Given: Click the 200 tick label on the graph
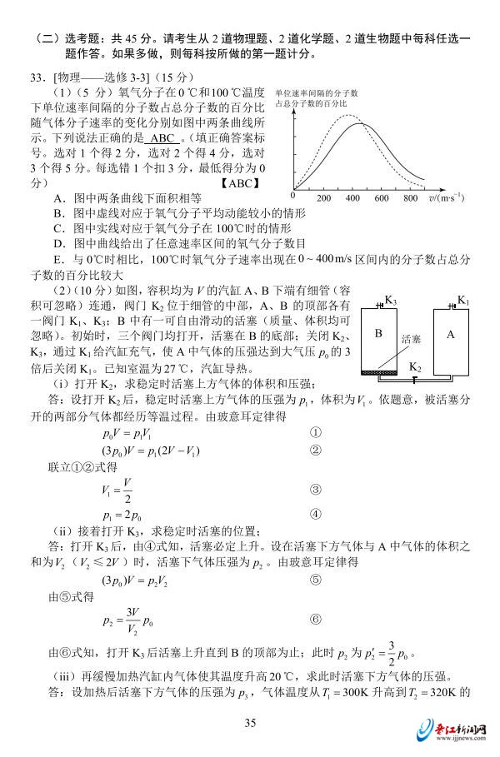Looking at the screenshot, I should pos(324,198).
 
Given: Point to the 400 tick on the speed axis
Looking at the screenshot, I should pos(352,198).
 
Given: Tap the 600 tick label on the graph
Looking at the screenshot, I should pos(382,198).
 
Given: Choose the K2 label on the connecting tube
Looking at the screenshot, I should pos(414,366).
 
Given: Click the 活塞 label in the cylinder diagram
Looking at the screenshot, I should pos(411,340).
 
